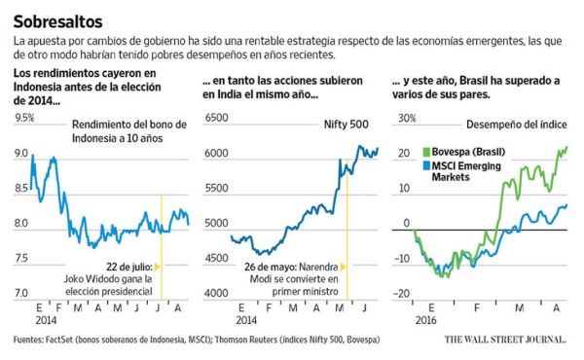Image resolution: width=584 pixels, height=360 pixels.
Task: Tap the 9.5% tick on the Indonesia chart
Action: click(23, 119)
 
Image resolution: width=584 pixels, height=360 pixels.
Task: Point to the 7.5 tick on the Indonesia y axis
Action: click(21, 258)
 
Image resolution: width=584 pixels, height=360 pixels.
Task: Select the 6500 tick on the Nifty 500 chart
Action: click(216, 119)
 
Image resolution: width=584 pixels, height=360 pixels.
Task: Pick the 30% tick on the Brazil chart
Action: click(403, 119)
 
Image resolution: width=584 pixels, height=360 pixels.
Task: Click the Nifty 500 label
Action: click(346, 125)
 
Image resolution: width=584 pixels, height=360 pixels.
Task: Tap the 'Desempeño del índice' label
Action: click(517, 125)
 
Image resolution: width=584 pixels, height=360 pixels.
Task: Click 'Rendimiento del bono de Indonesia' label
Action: click(127, 125)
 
